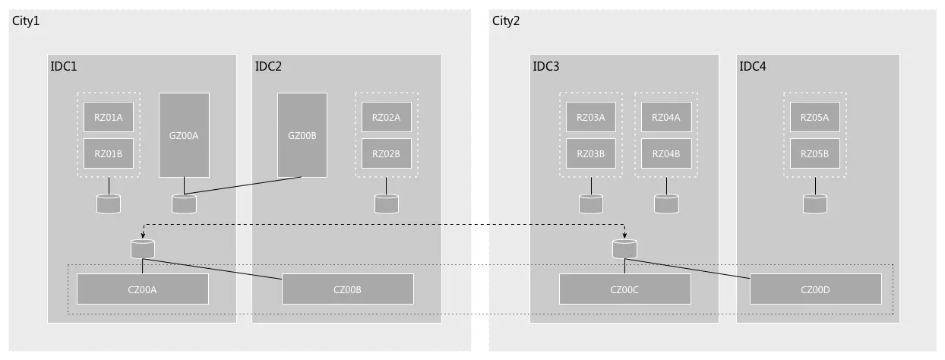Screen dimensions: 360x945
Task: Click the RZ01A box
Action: [109, 117]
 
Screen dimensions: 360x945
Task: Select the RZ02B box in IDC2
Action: [386, 153]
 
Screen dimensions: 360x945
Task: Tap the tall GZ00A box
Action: [184, 135]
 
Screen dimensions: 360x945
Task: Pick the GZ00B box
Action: [302, 135]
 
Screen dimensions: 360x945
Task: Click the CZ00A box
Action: [143, 289]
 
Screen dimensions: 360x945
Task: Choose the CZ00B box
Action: [348, 289]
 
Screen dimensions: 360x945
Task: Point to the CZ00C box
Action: [625, 289]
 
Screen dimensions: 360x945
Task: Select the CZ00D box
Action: [816, 289]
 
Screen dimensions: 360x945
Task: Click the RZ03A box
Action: [591, 117]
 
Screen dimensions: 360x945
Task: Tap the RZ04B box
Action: [666, 153]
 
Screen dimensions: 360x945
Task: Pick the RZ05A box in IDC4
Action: [815, 117]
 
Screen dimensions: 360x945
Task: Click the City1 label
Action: [26, 21]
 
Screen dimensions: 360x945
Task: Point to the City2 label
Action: [506, 21]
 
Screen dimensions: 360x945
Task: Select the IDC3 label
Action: [546, 67]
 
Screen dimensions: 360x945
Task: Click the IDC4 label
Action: [753, 67]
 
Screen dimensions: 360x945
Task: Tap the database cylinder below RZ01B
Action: [109, 204]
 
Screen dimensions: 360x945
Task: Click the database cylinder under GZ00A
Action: [184, 204]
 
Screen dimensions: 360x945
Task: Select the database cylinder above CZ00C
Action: [624, 248]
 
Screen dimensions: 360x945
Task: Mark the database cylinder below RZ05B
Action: [815, 204]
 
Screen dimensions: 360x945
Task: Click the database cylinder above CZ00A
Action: [143, 248]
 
